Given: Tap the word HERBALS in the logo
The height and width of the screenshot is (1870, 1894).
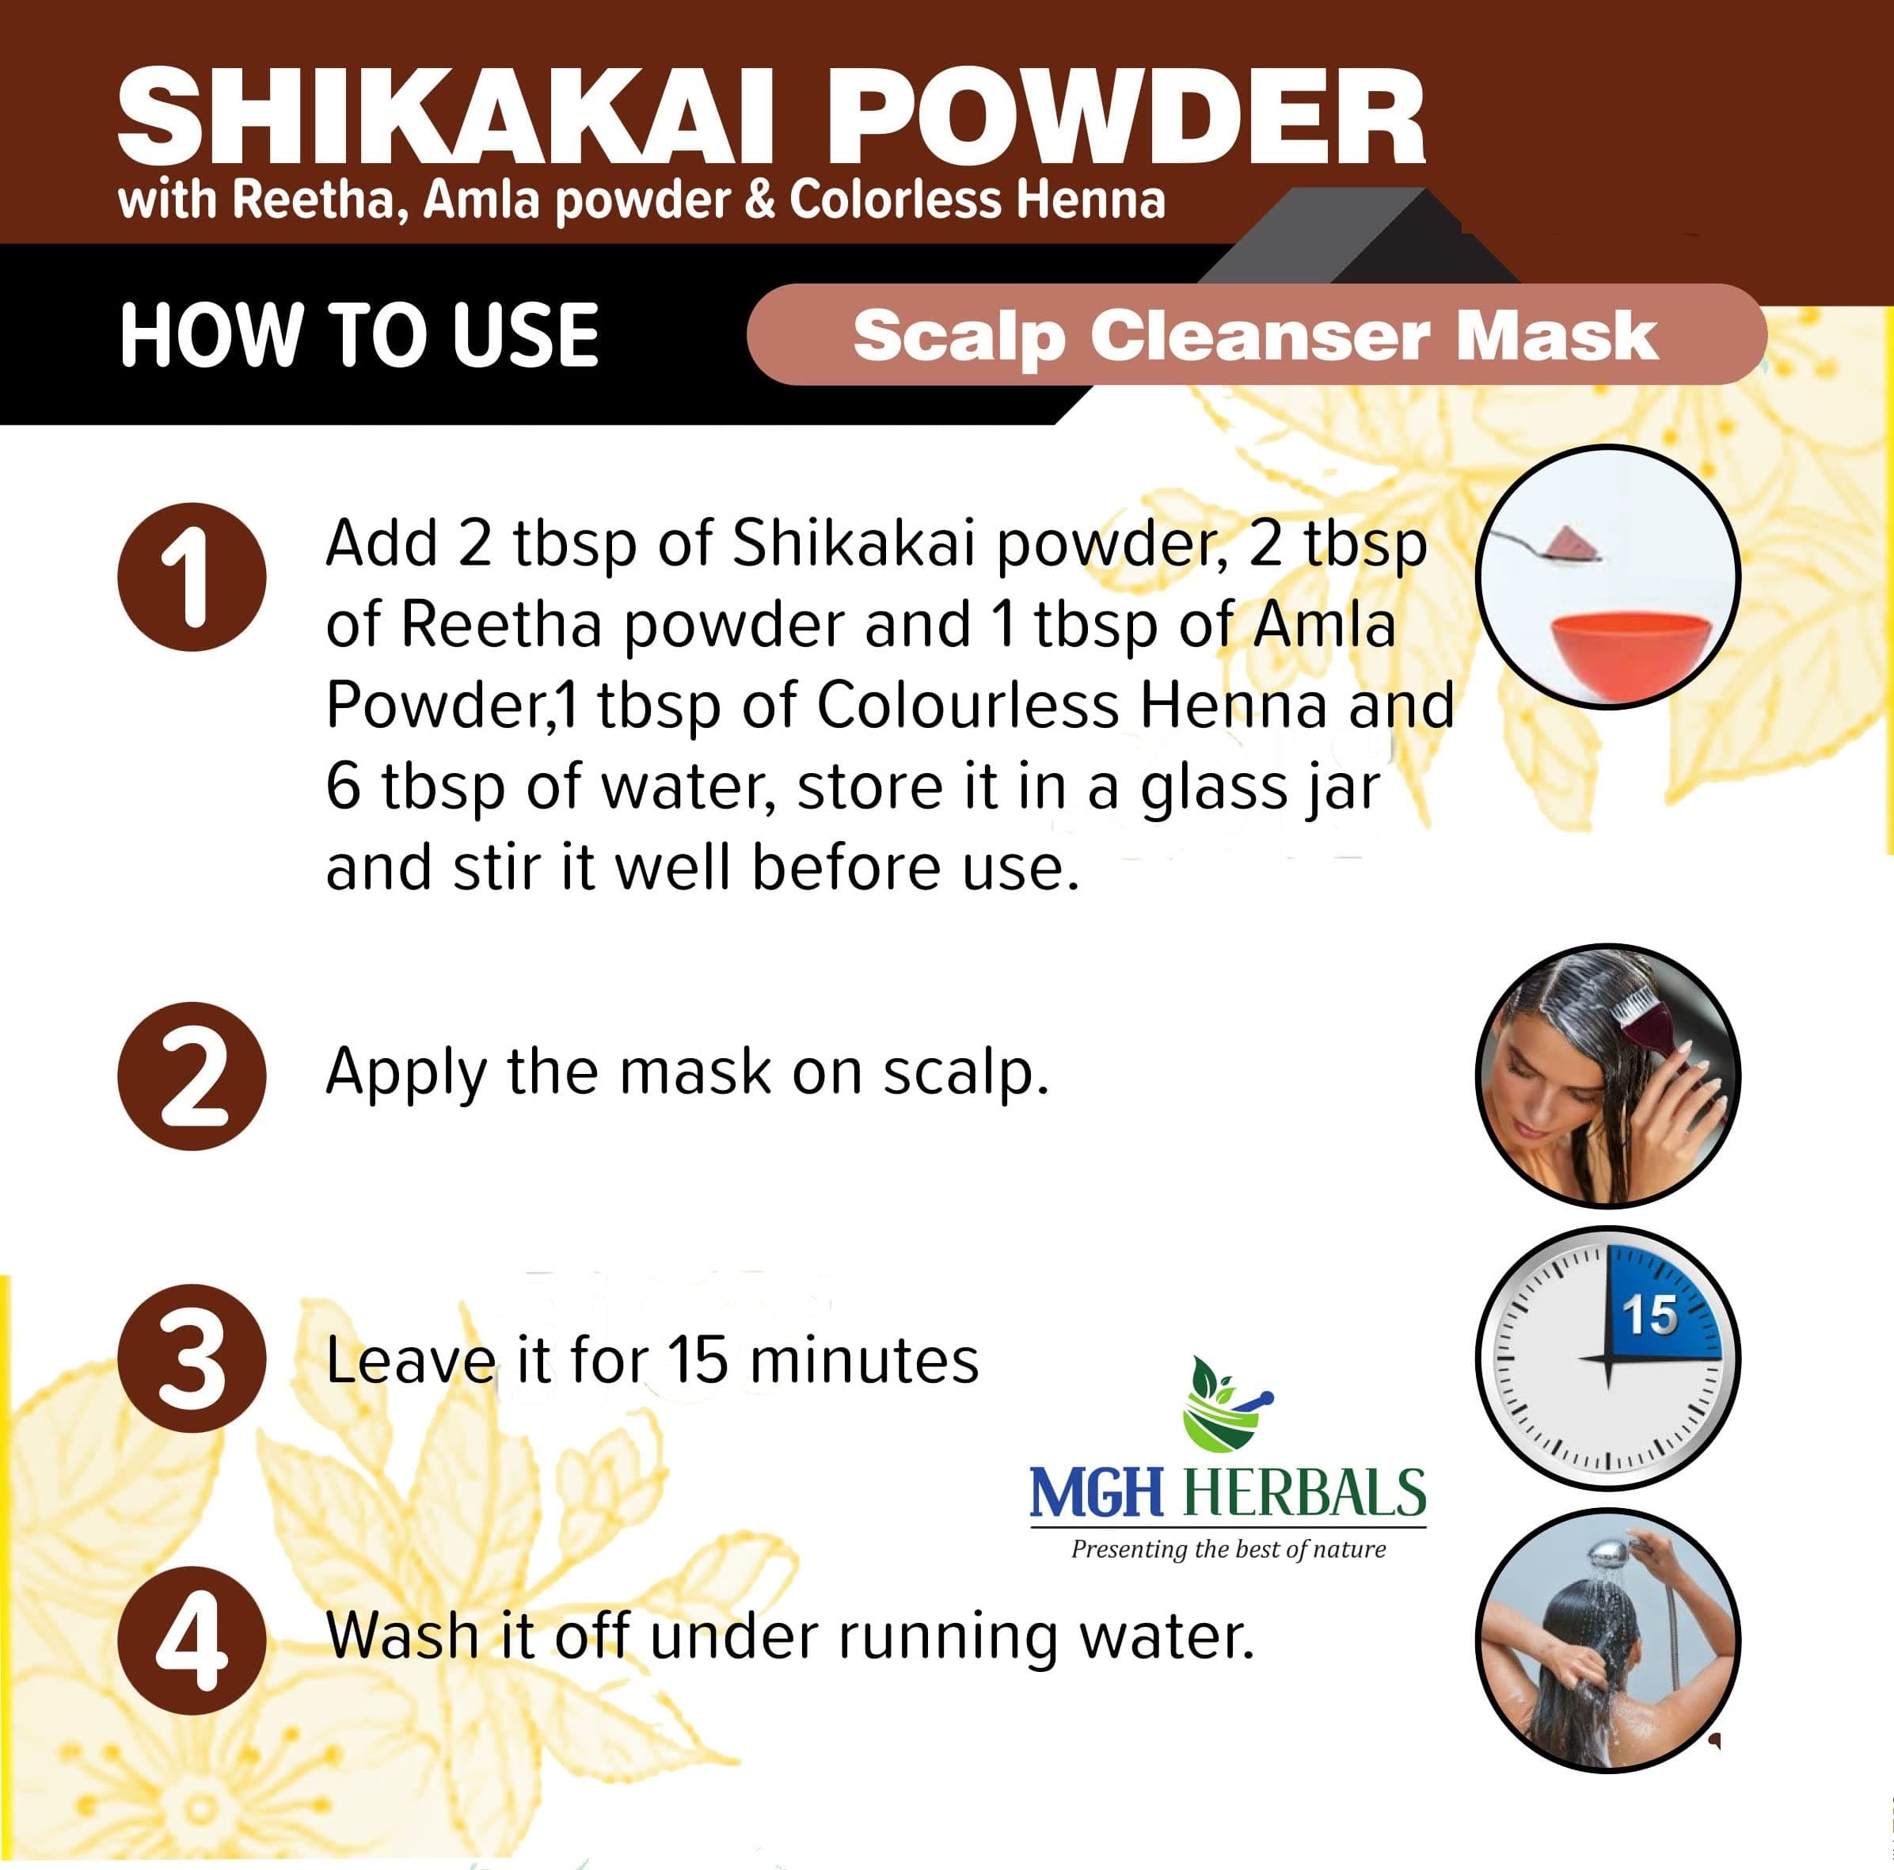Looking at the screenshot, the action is (1305, 1491).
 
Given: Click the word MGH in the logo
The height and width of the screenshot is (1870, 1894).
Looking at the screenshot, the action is (1096, 1491).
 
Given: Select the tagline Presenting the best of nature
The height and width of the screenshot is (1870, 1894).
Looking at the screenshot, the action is (1228, 1549).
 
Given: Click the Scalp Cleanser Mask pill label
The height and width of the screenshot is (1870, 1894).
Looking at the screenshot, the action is (1256, 334).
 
